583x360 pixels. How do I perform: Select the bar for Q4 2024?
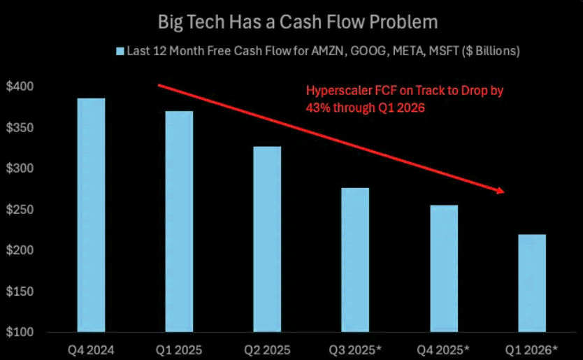(91, 215)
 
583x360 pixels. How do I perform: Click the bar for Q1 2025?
(179, 221)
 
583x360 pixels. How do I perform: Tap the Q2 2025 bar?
(267, 239)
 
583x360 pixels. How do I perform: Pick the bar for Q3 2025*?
(355, 259)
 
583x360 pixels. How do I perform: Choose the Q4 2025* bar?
(443, 268)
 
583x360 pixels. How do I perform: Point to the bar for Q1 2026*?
(531, 283)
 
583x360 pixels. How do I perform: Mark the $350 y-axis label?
(20, 128)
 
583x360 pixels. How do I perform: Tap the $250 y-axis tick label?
(20, 210)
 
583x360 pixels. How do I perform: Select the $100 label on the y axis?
(20, 333)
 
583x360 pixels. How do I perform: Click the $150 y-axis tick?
(20, 291)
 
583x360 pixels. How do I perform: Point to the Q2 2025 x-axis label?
(267, 347)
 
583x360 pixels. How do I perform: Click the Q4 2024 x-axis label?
(91, 347)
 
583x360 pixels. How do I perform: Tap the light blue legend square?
(120, 51)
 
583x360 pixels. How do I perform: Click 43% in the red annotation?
(317, 108)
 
